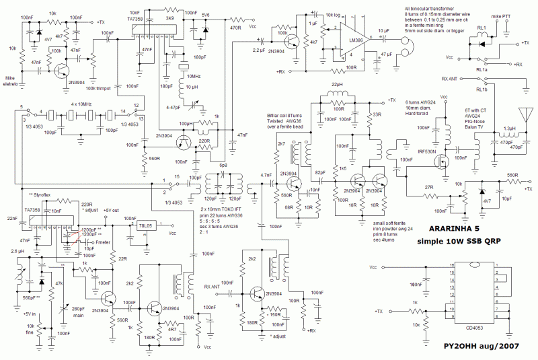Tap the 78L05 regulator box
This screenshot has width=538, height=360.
click(x=146, y=225)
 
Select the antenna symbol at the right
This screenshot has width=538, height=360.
click(x=525, y=116)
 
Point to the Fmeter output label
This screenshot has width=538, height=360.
click(x=105, y=242)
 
